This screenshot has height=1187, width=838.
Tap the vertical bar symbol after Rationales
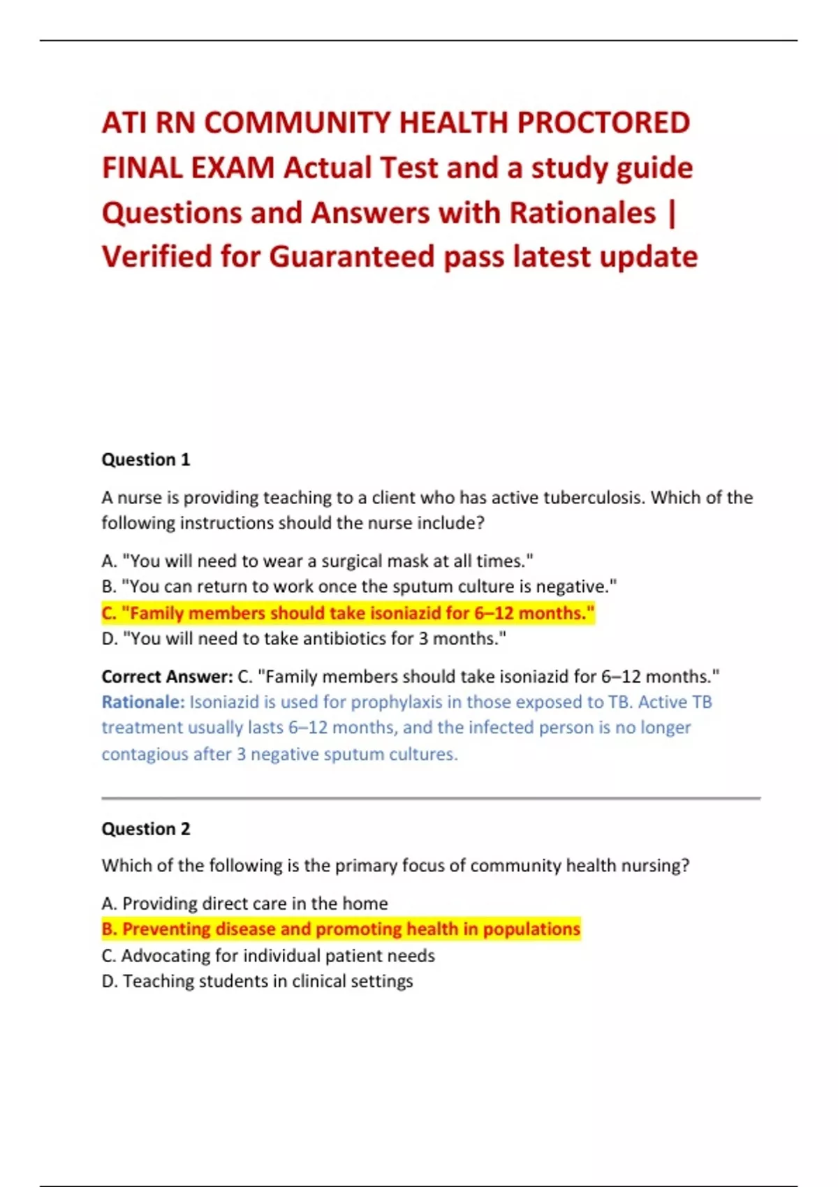pyautogui.click(x=672, y=213)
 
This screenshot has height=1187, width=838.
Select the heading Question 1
pyautogui.click(x=146, y=459)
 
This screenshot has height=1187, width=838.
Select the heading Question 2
pyautogui.click(x=146, y=829)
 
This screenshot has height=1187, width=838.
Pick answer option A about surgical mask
pyautogui.click(x=318, y=561)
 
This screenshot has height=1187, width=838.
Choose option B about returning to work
pyautogui.click(x=359, y=587)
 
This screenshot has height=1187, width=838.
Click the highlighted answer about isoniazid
pyautogui.click(x=348, y=613)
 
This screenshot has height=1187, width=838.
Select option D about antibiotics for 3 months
pyautogui.click(x=304, y=639)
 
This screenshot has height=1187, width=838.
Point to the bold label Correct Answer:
pyautogui.click(x=167, y=677)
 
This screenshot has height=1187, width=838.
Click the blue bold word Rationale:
pyautogui.click(x=143, y=702)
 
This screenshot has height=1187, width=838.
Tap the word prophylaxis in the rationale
pyautogui.click(x=396, y=702)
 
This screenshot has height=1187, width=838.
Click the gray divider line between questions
pyautogui.click(x=431, y=797)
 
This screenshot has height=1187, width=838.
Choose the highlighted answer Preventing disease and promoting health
pyautogui.click(x=341, y=929)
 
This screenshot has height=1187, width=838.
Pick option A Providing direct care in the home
pyautogui.click(x=244, y=904)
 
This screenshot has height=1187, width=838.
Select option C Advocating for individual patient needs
pyautogui.click(x=268, y=956)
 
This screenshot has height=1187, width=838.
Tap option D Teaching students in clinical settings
pyautogui.click(x=257, y=982)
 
